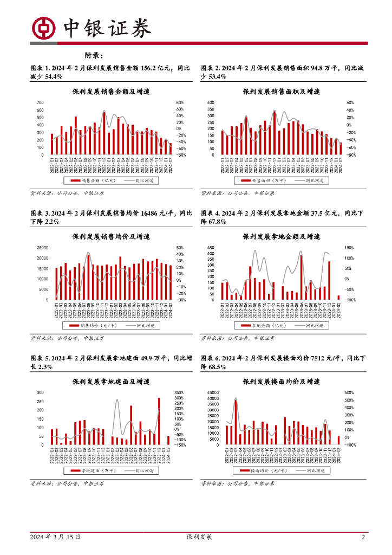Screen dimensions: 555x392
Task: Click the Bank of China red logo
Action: tap(44, 28)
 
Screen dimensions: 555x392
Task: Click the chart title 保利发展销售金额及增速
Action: tap(111, 92)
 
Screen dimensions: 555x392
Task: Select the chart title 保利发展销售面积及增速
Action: tap(281, 92)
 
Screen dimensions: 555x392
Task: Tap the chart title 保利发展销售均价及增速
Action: tap(111, 237)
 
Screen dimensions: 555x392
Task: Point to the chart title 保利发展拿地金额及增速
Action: tap(281, 237)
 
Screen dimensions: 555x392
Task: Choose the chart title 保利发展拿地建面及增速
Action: tap(111, 382)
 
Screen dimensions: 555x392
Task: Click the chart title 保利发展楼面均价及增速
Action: tap(281, 382)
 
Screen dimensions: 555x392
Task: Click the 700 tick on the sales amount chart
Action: tap(40, 102)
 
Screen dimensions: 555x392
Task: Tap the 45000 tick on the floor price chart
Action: tap(213, 392)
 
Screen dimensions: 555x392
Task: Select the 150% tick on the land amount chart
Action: tap(350, 248)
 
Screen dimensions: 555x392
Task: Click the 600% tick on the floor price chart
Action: tap(350, 392)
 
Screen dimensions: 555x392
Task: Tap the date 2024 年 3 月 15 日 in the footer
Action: tap(55, 537)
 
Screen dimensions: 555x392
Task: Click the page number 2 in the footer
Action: tap(363, 537)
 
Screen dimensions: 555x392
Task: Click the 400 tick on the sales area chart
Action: tap(211, 102)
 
